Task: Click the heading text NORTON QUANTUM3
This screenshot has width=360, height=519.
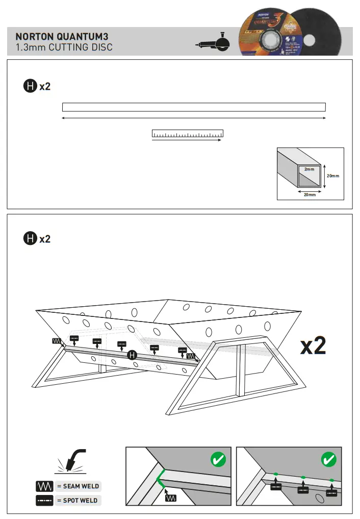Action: coord(62,37)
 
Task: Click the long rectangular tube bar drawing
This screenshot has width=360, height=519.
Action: coord(194,107)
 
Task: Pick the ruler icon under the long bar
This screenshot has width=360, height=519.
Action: coord(188,134)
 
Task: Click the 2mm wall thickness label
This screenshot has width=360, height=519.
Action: coord(309,169)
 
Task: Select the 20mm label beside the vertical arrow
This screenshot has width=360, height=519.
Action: coord(333,176)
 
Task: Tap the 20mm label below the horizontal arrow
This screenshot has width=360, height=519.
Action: coord(309,194)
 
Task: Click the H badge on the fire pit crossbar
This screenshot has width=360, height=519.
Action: coord(132,355)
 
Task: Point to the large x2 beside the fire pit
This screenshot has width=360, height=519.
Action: coord(313,346)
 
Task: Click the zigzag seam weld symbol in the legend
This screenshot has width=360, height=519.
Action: coord(44,486)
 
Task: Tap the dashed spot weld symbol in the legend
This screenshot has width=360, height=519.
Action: coord(44,501)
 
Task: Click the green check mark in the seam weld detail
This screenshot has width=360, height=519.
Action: coord(218,460)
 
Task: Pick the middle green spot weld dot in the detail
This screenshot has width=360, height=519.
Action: coord(303,477)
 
